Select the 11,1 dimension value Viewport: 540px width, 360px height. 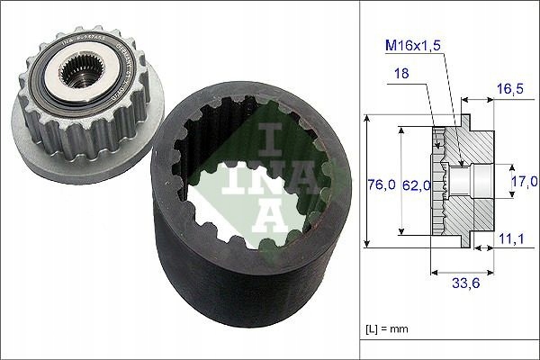click(x=509, y=238)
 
